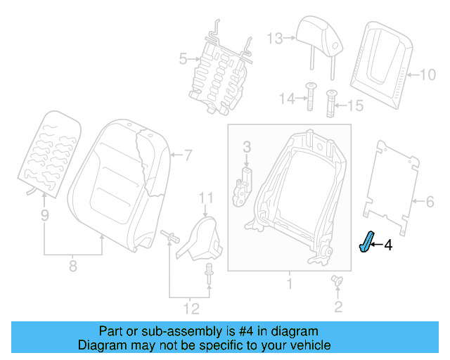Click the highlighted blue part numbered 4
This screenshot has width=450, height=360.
(367, 244)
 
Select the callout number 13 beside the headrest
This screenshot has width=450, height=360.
(274, 37)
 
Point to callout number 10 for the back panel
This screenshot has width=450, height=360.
(428, 72)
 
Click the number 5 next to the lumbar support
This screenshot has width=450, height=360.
(183, 59)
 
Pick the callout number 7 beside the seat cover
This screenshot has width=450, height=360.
(188, 154)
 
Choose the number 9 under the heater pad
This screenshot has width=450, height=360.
(44, 217)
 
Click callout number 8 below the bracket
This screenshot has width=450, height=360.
(73, 266)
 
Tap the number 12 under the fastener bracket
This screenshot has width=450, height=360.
(190, 308)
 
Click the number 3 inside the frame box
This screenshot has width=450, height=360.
(247, 146)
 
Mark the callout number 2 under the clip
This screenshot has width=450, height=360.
(338, 306)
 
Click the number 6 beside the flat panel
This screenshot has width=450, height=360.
(430, 202)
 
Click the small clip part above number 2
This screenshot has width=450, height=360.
(337, 281)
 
